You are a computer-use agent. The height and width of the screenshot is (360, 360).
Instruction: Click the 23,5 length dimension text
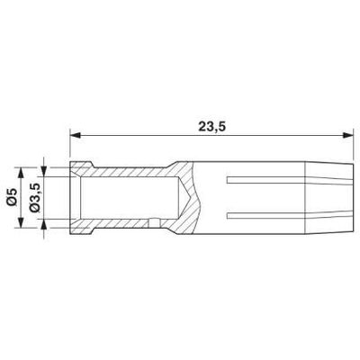[211, 127]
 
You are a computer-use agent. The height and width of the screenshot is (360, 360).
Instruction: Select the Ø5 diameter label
[12, 197]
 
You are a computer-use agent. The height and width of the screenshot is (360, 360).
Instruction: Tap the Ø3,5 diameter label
[34, 198]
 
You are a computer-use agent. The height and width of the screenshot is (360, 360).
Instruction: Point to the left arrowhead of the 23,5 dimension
[76, 135]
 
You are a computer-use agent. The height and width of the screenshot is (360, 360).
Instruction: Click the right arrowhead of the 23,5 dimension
[348, 135]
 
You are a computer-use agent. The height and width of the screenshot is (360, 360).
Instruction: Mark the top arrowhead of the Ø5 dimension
[21, 173]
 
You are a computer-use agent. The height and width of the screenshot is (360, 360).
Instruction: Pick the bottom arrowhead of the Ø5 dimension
[21, 222]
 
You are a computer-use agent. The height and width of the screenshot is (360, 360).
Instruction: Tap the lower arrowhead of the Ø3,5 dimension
[44, 224]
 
